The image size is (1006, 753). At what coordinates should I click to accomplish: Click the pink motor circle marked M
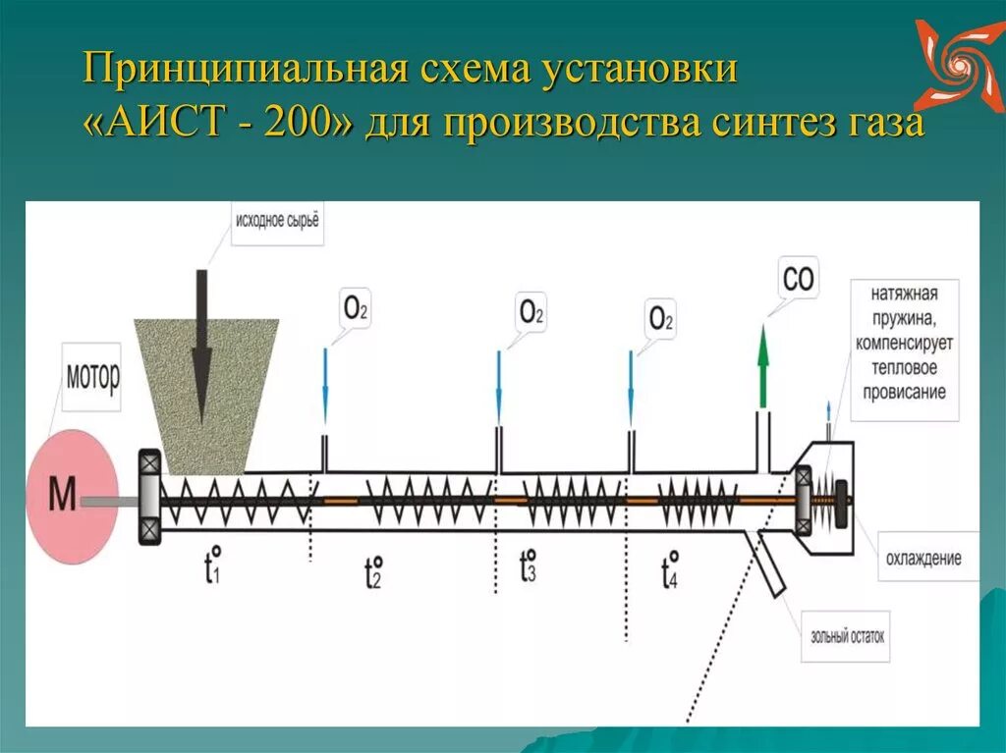coord(72,495)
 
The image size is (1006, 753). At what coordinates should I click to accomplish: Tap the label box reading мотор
coord(92,375)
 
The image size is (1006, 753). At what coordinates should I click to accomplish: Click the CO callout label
coord(799,279)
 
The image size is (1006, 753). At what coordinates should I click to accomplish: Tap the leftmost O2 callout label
coord(355,307)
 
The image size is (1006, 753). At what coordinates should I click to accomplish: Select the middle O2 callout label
coord(531,312)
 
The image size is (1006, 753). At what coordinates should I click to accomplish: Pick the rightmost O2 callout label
coord(661,319)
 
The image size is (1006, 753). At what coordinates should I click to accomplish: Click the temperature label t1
coord(211,567)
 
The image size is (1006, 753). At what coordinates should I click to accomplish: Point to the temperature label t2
coord(372,570)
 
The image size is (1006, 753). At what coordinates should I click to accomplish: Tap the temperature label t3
coord(528,566)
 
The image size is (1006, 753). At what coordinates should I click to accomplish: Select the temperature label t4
coord(670,568)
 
